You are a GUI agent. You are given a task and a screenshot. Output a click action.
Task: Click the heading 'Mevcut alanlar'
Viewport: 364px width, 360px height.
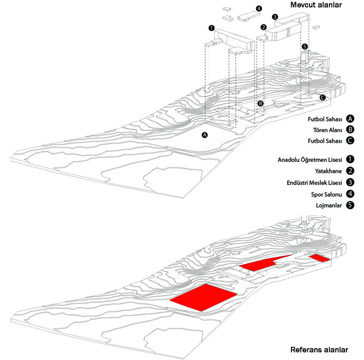click(316, 5)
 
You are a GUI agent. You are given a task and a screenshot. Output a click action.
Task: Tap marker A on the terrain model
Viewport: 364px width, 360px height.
click(205, 135)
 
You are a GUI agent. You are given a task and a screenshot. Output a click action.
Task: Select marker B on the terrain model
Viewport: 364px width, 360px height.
click(261, 103)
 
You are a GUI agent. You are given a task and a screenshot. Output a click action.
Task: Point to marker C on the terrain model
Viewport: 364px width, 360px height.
click(323, 98)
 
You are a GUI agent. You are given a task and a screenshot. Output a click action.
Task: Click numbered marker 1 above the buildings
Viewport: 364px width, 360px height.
click(211, 28)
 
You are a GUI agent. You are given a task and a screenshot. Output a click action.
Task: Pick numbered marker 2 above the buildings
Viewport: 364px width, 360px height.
click(264, 27)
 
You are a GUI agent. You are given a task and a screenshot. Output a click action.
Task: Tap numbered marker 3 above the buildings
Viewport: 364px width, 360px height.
click(275, 17)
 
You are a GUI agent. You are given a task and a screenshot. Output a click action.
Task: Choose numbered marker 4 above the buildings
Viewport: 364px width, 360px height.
click(258, 9)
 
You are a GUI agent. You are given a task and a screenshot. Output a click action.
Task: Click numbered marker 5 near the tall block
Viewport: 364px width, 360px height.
click(305, 47)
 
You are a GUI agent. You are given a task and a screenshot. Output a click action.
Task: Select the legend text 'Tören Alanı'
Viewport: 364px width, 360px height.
click(328, 130)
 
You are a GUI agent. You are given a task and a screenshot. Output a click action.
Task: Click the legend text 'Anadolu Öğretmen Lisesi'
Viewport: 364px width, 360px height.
click(310, 160)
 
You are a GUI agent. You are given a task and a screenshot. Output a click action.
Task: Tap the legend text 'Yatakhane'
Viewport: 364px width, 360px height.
click(328, 171)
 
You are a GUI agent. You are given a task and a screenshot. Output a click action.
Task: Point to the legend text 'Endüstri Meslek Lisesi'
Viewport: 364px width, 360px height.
click(314, 183)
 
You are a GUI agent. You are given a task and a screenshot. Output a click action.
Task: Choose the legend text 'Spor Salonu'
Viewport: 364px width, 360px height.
click(327, 194)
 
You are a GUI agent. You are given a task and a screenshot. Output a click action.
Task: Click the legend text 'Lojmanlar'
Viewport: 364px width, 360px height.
click(329, 206)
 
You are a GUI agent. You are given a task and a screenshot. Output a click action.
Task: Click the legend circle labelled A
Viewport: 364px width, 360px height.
click(350, 119)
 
